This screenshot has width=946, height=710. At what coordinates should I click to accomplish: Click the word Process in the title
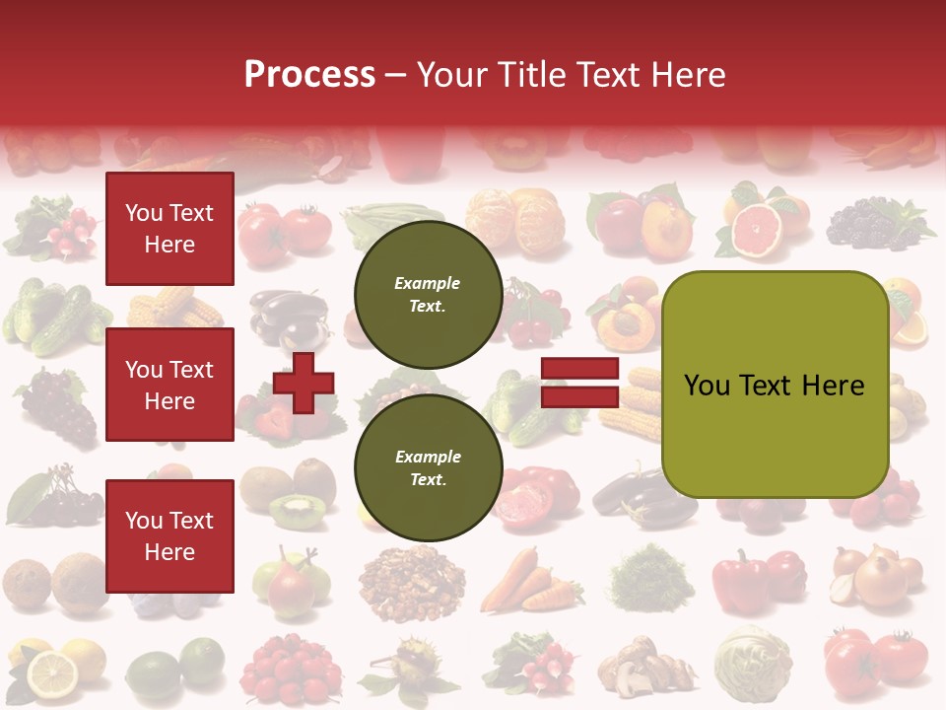[x=309, y=74]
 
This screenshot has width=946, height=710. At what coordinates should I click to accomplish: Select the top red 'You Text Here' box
[x=169, y=229]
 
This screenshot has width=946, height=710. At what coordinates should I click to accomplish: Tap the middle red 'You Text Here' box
[x=169, y=385]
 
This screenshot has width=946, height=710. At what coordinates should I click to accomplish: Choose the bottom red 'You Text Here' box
[x=169, y=535]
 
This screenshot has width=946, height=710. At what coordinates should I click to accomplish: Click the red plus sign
[x=304, y=383]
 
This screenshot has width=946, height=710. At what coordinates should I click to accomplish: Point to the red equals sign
[x=579, y=383]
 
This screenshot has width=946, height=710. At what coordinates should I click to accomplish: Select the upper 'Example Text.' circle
[x=428, y=295]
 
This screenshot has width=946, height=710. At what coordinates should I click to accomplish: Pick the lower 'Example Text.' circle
[x=428, y=467]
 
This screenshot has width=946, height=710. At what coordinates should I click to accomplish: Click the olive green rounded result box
[x=775, y=385]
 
